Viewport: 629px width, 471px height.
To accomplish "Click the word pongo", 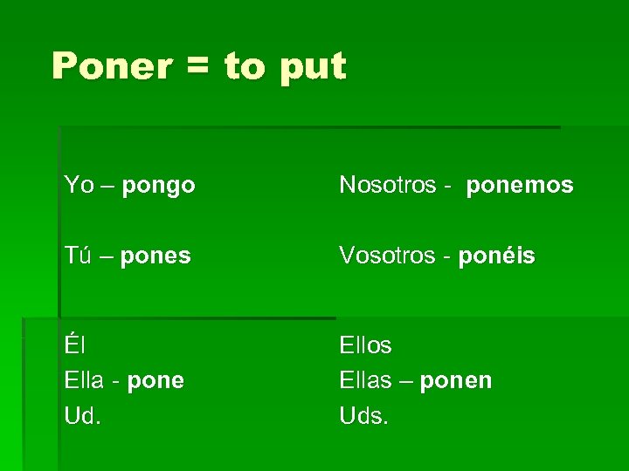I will [x=158, y=186].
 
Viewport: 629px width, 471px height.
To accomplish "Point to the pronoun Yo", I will [x=78, y=185].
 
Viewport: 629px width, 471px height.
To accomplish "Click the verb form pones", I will [x=156, y=257].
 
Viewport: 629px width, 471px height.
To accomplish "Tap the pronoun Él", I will [x=73, y=345].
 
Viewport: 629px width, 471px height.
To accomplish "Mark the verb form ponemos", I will [x=520, y=186].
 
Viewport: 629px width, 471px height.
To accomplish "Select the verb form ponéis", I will [x=496, y=256].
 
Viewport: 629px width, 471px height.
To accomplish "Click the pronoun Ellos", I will [x=365, y=345].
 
